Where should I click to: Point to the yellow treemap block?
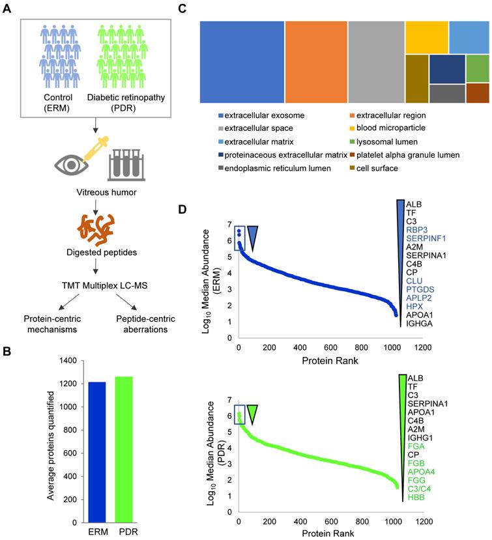(x=426, y=36)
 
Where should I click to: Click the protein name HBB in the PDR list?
(x=416, y=498)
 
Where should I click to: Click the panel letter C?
(x=201, y=8)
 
